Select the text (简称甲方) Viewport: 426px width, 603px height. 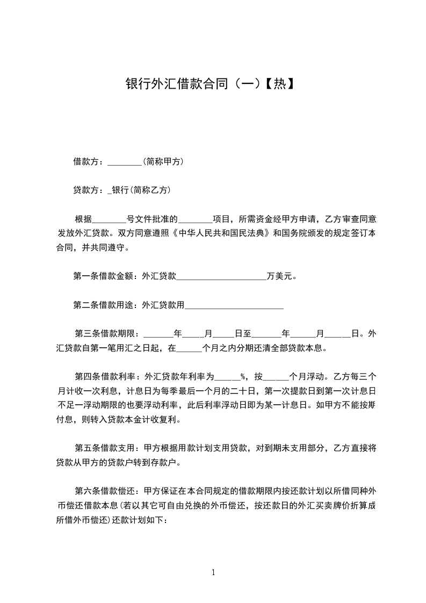point(163,161)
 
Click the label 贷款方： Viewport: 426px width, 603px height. point(90,190)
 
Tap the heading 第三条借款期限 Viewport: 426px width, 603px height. point(106,333)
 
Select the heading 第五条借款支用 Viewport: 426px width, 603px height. point(106,447)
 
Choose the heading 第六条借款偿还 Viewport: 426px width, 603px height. point(106,490)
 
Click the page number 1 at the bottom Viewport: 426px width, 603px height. point(213,572)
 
